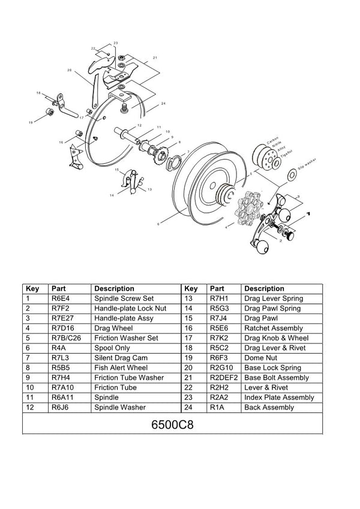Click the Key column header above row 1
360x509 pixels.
click(33, 288)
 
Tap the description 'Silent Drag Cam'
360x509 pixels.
click(121, 358)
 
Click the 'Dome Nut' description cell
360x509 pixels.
click(261, 358)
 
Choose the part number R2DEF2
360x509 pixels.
click(224, 378)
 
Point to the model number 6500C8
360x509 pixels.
click(172, 424)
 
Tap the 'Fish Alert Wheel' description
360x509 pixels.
click(121, 368)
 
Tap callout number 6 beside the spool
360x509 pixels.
click(158, 224)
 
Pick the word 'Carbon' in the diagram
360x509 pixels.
click(272, 136)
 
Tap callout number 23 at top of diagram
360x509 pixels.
click(115, 43)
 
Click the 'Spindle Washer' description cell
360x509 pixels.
click(120, 408)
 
